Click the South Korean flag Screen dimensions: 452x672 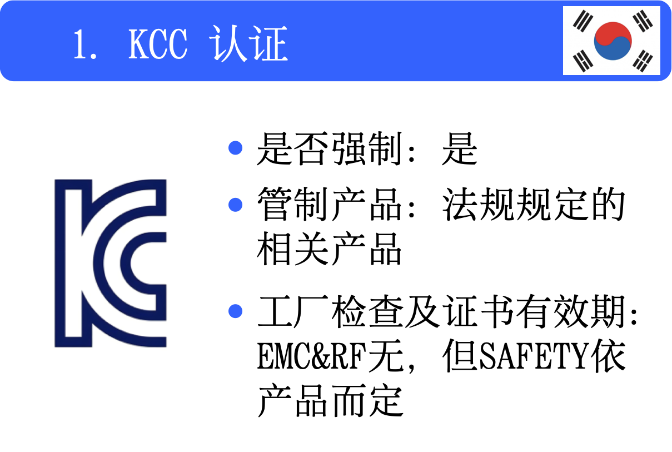[611, 41]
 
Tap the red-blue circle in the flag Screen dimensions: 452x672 [613, 41]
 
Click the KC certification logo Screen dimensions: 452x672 [110, 263]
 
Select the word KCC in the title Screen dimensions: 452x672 [158, 44]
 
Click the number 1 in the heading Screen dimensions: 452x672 [81, 44]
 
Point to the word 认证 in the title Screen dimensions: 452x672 [250, 44]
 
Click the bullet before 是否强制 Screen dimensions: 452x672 [236, 148]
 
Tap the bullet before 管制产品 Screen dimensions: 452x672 [236, 205]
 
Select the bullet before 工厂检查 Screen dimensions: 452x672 [236, 311]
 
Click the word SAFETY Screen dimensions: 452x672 [534, 359]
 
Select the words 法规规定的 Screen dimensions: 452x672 [534, 205]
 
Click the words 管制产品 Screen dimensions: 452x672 [329, 205]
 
